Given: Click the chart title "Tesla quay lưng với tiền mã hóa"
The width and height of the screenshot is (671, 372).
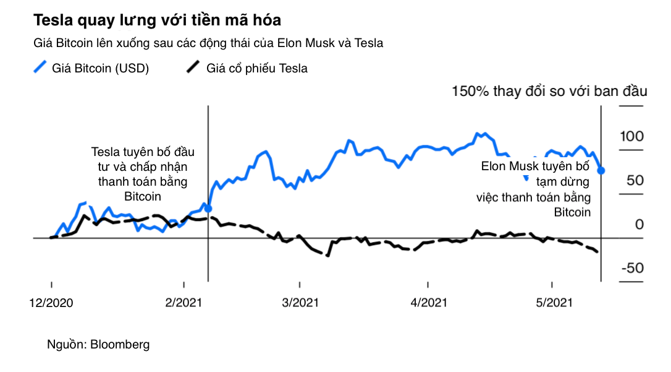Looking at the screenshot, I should click(x=157, y=20).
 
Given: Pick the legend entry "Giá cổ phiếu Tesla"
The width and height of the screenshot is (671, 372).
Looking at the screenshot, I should click(x=258, y=68).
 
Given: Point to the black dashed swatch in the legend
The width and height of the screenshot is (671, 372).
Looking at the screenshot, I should click(x=195, y=67).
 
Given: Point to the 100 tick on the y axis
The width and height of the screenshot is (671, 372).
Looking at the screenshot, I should click(x=632, y=137).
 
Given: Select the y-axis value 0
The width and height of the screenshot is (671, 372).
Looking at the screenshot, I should click(x=639, y=225).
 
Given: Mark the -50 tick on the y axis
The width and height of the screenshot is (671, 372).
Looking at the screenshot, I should click(x=632, y=269).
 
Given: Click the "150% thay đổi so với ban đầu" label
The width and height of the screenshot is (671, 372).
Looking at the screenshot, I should click(x=549, y=92).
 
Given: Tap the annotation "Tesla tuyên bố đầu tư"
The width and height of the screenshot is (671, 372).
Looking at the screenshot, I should click(x=142, y=174).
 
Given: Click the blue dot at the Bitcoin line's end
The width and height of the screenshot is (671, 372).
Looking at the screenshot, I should click(x=602, y=170).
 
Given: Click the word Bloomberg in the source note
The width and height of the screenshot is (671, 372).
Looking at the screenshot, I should click(x=120, y=344).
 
